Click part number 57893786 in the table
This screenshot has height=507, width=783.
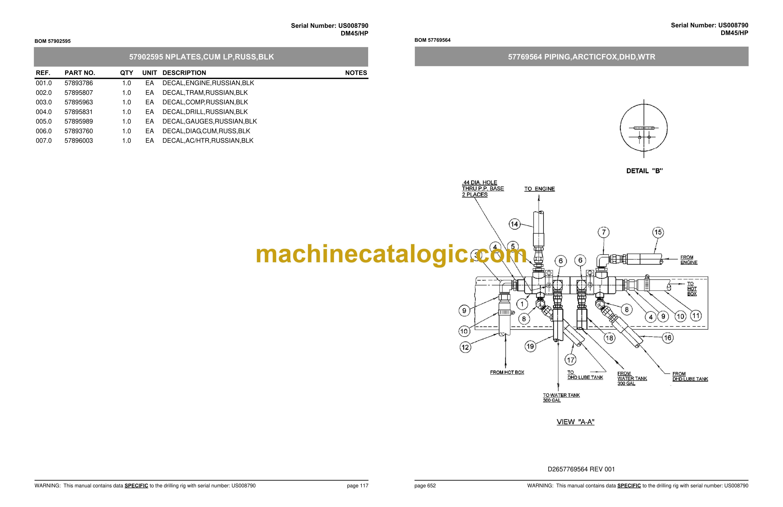(79, 83)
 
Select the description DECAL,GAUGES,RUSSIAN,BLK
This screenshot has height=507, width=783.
(210, 122)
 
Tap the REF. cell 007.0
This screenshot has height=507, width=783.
(44, 141)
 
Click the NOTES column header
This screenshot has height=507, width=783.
(356, 73)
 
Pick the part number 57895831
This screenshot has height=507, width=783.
(79, 112)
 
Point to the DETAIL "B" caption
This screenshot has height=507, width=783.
(644, 171)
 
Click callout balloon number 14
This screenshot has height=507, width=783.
(514, 224)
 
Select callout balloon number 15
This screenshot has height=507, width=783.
(658, 232)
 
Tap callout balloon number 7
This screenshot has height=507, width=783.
(603, 232)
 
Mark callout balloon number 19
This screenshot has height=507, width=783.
(530, 346)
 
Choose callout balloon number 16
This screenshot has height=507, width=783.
(668, 338)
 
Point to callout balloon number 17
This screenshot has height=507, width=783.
(571, 360)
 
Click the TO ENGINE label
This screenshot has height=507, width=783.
(540, 189)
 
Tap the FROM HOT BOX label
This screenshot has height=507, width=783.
(507, 372)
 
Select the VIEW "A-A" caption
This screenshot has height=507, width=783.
(575, 422)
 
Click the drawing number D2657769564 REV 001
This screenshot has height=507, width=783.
(581, 469)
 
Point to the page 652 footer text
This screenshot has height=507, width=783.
(425, 486)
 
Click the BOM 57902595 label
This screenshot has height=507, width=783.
(53, 41)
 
